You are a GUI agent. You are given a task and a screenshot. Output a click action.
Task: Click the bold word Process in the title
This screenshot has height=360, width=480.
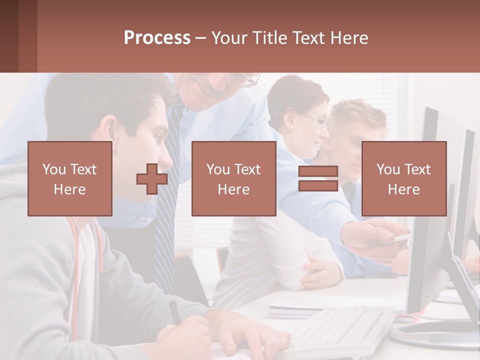(157, 38)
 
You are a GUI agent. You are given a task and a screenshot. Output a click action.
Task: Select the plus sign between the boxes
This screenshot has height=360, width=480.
(152, 178)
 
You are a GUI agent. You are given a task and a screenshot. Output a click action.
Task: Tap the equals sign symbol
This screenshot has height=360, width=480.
(318, 178)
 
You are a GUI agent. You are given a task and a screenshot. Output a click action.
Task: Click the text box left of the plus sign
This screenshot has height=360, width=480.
(69, 178)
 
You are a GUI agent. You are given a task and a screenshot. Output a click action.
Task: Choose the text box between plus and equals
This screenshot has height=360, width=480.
(233, 178)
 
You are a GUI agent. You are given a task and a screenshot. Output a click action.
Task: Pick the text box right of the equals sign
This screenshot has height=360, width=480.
(403, 178)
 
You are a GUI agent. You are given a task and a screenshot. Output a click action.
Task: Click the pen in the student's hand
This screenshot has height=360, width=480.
(174, 311)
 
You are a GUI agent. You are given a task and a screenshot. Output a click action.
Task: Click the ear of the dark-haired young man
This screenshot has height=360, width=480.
(111, 131)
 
